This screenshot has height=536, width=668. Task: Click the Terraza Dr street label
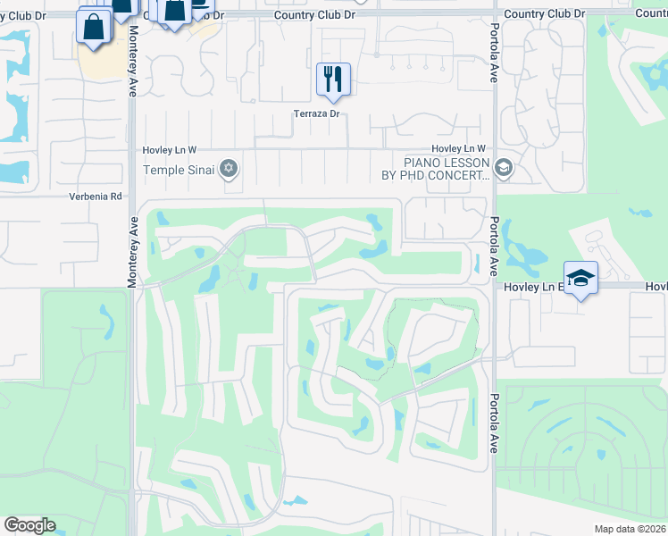pos(317,113)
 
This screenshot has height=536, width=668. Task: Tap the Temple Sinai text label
pos(180,170)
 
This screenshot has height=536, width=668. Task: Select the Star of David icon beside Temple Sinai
pos(229,168)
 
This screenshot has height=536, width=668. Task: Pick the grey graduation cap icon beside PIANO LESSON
pos(503,168)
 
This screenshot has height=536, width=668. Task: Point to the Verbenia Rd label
pos(96,196)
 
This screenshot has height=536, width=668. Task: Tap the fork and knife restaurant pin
pos(333,80)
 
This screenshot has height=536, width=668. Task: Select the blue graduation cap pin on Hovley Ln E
pos(580,278)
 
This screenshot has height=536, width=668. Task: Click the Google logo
pos(29,525)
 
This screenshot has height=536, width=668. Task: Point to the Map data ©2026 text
pos(630,529)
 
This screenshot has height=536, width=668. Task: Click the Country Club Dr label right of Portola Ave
pos(543,14)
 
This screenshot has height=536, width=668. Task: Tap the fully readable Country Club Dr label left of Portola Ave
pos(308,15)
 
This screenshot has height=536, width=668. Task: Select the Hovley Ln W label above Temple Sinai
pos(170,150)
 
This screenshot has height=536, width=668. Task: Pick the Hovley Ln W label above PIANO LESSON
pos(458,148)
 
